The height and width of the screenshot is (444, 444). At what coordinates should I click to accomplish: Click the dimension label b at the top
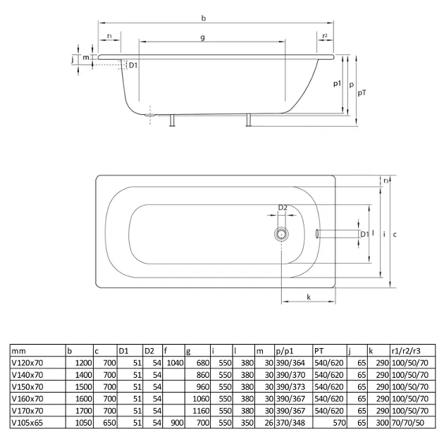click(x=203, y=18)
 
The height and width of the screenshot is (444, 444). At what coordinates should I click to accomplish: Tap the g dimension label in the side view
click(x=202, y=37)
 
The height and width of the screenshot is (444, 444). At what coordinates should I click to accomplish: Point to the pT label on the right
click(x=362, y=93)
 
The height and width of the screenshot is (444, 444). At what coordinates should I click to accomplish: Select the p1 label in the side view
click(x=337, y=84)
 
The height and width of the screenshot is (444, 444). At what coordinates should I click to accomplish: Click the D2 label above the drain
click(x=283, y=208)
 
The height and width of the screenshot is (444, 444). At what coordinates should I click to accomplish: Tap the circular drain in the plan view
click(x=281, y=234)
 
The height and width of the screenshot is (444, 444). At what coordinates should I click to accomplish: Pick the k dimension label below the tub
click(x=309, y=297)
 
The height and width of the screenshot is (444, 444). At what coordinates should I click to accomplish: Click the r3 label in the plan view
click(x=386, y=180)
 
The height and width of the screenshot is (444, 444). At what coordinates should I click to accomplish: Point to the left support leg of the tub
click(x=172, y=121)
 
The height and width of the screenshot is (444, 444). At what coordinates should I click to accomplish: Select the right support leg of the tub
click(x=249, y=120)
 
